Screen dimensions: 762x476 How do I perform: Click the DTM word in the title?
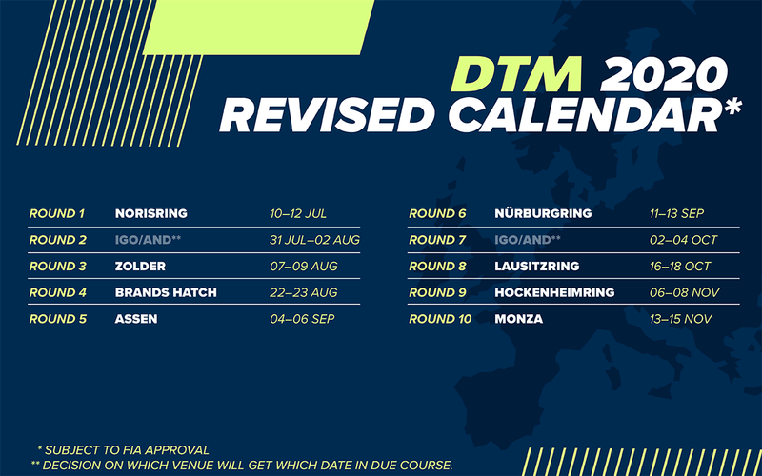click(x=516, y=75)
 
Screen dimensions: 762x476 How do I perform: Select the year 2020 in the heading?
click(x=664, y=75)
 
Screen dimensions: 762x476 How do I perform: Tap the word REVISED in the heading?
click(x=327, y=115)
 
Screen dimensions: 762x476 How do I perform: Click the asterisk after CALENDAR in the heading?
click(x=732, y=107)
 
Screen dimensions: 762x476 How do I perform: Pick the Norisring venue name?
click(x=151, y=213)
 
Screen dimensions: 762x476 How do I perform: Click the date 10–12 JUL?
click(x=298, y=213)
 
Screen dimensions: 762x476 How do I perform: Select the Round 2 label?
click(x=58, y=240)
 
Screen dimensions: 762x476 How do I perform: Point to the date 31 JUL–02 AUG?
click(x=315, y=240)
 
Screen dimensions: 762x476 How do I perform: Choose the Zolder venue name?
click(x=140, y=267)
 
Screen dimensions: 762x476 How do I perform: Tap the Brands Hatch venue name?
click(x=166, y=292)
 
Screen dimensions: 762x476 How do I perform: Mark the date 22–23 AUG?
click(x=304, y=292)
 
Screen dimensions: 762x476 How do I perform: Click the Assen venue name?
click(x=136, y=319)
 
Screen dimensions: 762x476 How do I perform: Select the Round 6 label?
click(x=437, y=213)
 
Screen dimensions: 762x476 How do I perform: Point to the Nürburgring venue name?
click(x=543, y=213)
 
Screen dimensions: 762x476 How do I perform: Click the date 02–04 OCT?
click(x=684, y=240)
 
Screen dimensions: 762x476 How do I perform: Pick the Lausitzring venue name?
click(x=537, y=267)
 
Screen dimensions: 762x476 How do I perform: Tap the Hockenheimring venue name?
click(x=554, y=292)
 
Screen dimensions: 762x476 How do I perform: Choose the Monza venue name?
click(x=518, y=319)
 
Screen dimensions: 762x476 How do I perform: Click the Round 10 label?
click(x=440, y=319)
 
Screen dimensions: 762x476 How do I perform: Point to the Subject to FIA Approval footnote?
click(x=124, y=449)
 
